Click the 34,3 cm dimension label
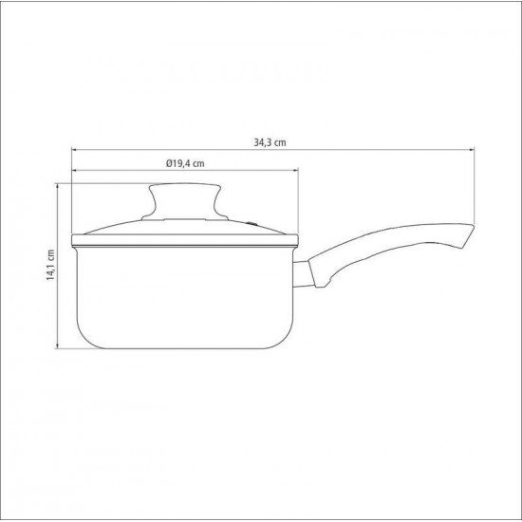tap(270, 142)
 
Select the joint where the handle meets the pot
tap(302, 271)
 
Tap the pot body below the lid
tap(185, 294)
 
